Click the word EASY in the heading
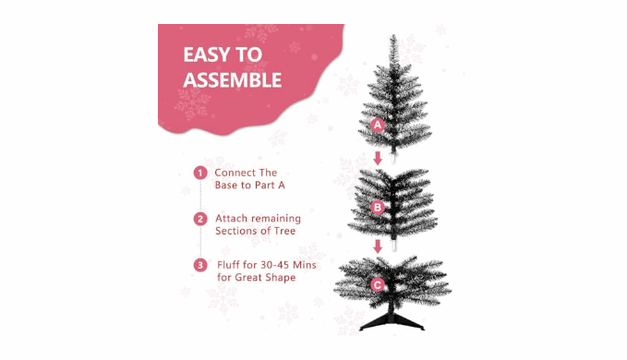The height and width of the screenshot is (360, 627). click(x=206, y=54)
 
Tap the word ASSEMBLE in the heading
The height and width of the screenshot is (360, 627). click(x=233, y=80)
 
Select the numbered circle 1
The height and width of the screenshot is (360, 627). click(x=200, y=173)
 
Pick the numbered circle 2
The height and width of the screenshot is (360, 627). click(x=200, y=219)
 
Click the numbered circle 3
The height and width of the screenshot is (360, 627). click(x=200, y=265)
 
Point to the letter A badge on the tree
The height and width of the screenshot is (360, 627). click(x=378, y=125)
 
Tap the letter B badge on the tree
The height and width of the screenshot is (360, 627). click(x=378, y=208)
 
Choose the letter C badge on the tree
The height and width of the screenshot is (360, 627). click(x=378, y=285)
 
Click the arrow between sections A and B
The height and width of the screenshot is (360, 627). click(x=378, y=158)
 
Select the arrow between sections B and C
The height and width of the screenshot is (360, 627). click(x=378, y=246)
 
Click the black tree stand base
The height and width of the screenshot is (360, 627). click(x=392, y=321)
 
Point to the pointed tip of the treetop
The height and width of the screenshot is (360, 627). click(x=393, y=35)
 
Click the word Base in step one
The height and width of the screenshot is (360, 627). click(x=226, y=185)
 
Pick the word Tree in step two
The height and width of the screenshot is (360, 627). click(x=284, y=231)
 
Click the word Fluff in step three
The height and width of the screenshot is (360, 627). click(x=228, y=265)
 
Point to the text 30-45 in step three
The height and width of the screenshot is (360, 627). click(x=275, y=265)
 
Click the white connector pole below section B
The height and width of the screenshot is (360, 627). click(x=394, y=245)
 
